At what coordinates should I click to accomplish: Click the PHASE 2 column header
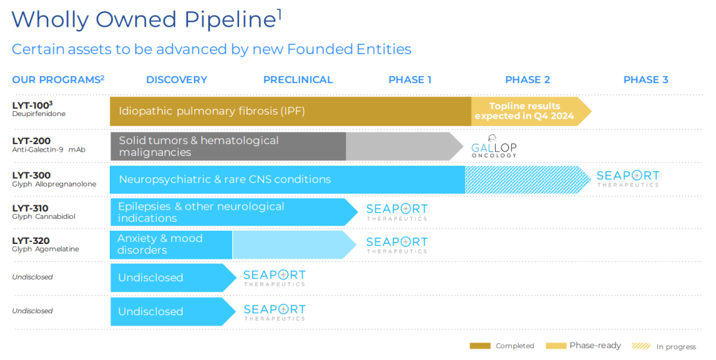527,80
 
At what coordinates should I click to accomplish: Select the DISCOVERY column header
176,80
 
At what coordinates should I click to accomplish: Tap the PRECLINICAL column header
298,80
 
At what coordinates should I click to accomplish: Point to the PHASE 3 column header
645,80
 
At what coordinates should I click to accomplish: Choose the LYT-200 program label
31,141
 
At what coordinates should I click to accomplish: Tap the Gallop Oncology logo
494,146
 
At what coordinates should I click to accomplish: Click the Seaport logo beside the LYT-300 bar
627,178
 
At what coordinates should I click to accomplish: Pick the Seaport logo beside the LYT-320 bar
396,244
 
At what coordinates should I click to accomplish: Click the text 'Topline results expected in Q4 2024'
524,111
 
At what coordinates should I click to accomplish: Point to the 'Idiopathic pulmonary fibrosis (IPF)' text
212,111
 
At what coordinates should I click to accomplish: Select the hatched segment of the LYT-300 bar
524,180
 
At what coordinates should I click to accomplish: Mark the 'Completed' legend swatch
480,346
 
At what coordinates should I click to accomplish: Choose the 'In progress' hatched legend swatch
640,346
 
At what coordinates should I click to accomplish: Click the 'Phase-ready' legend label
595,346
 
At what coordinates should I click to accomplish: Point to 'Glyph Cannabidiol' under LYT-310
43,217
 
